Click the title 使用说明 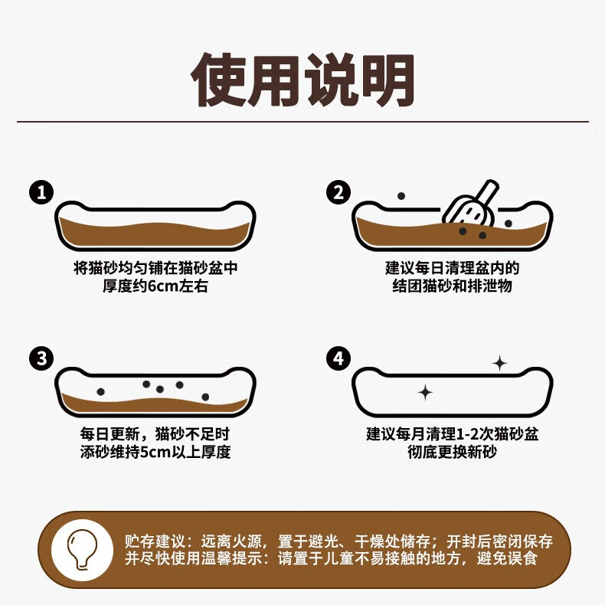click(x=302, y=80)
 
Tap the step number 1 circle click(x=41, y=191)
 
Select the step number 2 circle click(x=338, y=191)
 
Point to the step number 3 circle click(x=41, y=358)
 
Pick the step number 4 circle click(x=338, y=358)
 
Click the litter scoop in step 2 click(x=470, y=205)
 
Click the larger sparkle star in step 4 click(x=499, y=364)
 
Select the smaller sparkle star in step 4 click(x=425, y=393)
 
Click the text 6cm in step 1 click(x=162, y=287)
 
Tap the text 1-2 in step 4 click(x=469, y=433)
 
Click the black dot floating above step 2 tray click(x=401, y=196)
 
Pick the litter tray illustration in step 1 click(x=155, y=225)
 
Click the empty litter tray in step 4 click(x=453, y=390)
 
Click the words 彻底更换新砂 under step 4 click(x=453, y=452)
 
